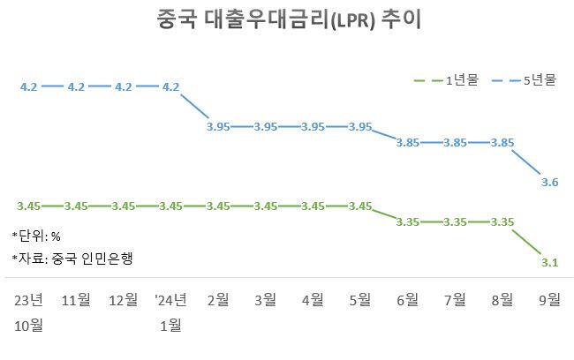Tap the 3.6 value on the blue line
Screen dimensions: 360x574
click(549, 183)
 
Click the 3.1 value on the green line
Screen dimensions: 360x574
click(549, 263)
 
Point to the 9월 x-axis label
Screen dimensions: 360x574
click(549, 300)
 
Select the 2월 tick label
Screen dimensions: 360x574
click(217, 300)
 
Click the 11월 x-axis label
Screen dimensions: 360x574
click(76, 300)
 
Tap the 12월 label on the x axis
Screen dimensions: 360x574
click(123, 300)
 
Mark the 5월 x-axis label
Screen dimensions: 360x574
click(359, 300)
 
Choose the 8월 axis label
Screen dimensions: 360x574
click(502, 300)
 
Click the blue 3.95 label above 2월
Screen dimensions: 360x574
click(217, 127)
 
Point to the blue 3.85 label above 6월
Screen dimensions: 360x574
click(407, 143)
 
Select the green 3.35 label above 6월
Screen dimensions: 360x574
click(407, 222)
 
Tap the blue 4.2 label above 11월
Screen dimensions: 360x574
click(76, 86)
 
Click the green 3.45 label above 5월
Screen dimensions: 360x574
click(359, 206)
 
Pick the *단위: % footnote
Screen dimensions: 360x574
click(36, 236)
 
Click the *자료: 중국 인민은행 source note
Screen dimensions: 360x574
click(77, 259)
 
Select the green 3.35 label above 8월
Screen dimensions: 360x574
click(502, 222)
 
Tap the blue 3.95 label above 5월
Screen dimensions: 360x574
click(359, 127)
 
